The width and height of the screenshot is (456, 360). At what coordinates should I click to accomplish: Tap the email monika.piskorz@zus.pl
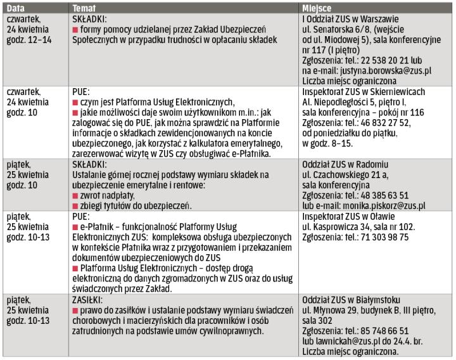(x=384, y=205)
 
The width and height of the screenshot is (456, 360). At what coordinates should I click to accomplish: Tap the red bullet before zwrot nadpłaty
(x=75, y=196)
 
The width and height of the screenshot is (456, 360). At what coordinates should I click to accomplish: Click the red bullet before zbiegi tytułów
(x=75, y=206)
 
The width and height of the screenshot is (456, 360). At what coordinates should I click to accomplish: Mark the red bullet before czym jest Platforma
(x=75, y=103)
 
